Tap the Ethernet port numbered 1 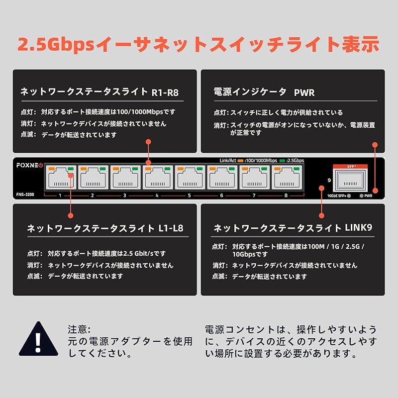[x=60, y=178]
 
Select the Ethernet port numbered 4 [x=157, y=178]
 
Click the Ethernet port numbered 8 [x=287, y=178]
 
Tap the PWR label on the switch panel [x=368, y=196]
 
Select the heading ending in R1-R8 [x=99, y=92]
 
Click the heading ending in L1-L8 [x=105, y=229]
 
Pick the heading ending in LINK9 [x=293, y=228]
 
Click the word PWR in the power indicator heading [x=304, y=92]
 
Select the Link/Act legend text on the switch [x=227, y=160]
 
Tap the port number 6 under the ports [x=222, y=196]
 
